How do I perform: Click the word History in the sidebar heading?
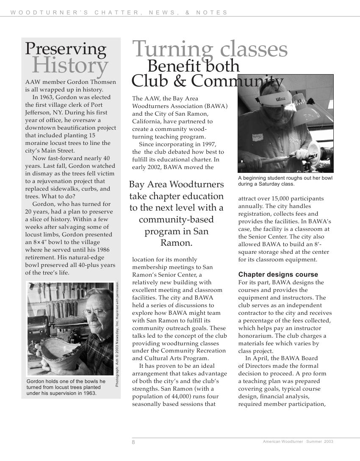pos(70,66)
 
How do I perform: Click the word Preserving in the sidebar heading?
pos(66,49)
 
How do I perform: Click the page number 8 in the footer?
pos(133,442)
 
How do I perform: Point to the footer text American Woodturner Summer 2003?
pos(298,442)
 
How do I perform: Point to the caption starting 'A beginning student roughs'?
pos(285,181)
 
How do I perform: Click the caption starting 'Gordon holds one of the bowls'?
pos(66,387)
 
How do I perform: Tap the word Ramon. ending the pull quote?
pos(176,243)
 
